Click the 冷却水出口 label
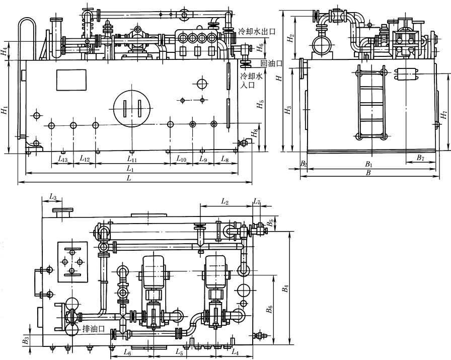pyautogui.click(x=257, y=31)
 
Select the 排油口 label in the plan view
pyautogui.click(x=93, y=329)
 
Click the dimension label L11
pyautogui.click(x=132, y=159)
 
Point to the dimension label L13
pyautogui.click(x=63, y=159)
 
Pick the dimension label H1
pyautogui.click(x=4, y=110)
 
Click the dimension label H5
pyautogui.click(x=260, y=104)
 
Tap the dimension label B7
pyautogui.click(x=420, y=158)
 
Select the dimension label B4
pyautogui.click(x=285, y=289)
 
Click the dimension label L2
pyautogui.click(x=224, y=202)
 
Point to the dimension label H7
pyautogui.click(x=444, y=114)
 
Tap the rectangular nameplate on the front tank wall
pyautogui.click(x=71, y=80)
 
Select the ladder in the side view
pyautogui.click(x=371, y=102)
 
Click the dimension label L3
pyautogui.click(x=52, y=197)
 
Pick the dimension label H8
pyautogui.click(x=254, y=134)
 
